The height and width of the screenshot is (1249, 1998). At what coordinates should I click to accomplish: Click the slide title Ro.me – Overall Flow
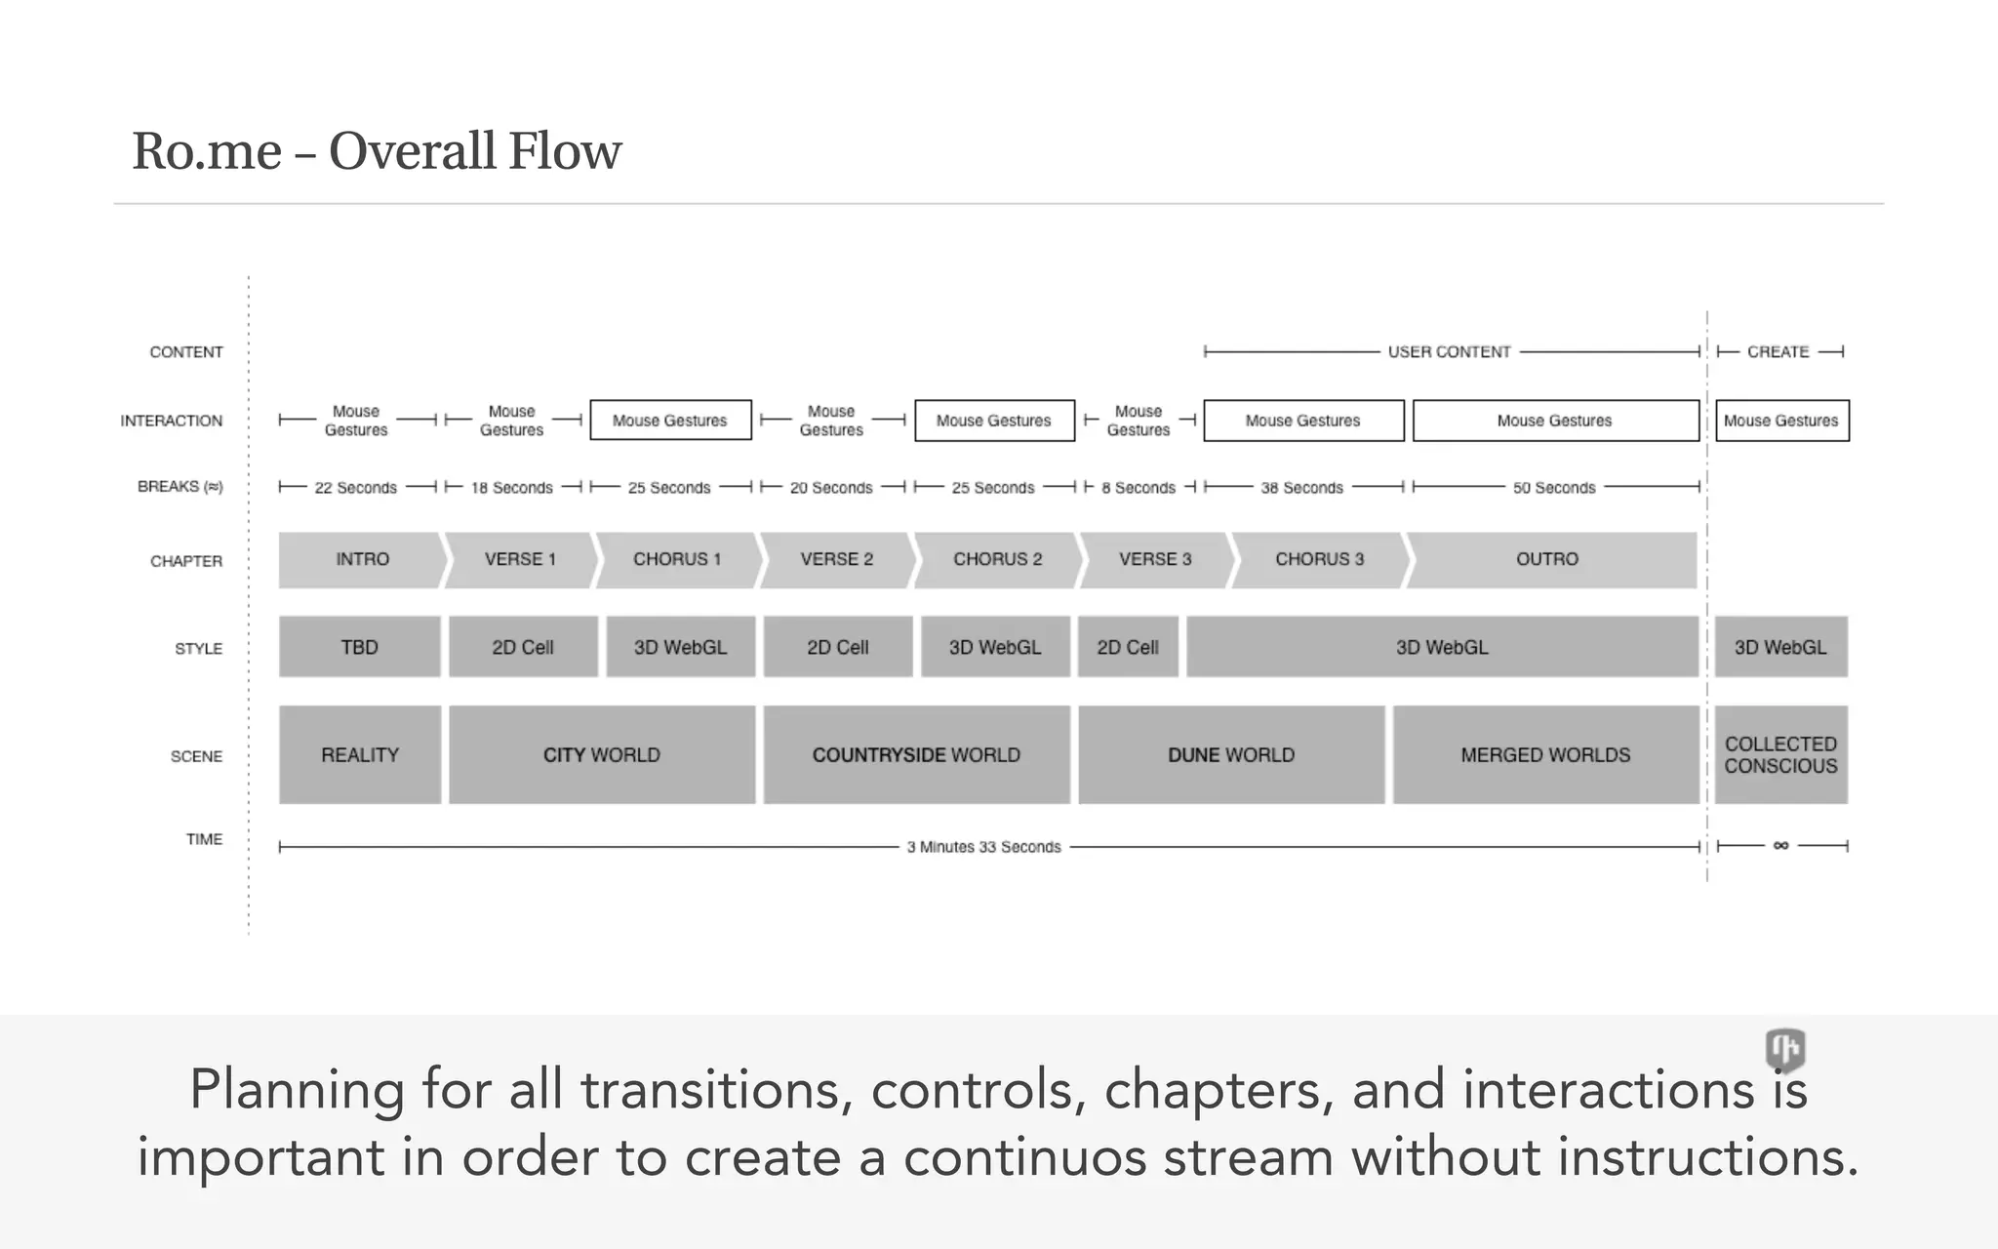[x=376, y=151]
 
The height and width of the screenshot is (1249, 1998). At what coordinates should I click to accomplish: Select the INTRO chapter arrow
[x=361, y=559]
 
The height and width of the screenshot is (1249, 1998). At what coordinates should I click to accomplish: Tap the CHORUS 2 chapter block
[x=997, y=559]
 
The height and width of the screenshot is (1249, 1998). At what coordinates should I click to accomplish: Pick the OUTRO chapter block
[x=1547, y=559]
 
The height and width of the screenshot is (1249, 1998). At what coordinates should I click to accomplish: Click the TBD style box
[x=359, y=647]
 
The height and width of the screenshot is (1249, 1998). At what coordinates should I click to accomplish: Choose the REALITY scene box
[x=359, y=754]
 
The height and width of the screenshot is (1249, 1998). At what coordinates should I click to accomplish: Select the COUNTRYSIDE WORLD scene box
[x=916, y=754]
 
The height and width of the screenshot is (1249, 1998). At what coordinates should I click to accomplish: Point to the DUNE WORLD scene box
[x=1231, y=754]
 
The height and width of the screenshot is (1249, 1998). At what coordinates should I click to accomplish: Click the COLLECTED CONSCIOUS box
[x=1780, y=754]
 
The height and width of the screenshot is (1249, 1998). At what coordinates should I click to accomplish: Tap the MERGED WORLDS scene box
[x=1545, y=754]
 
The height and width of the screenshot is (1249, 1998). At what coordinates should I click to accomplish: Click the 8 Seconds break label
[x=1139, y=488]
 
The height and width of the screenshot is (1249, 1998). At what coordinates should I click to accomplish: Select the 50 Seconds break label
[x=1554, y=488]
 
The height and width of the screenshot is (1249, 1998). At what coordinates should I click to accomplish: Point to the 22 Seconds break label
[x=355, y=488]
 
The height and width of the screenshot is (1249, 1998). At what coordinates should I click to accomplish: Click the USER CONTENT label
[x=1449, y=351]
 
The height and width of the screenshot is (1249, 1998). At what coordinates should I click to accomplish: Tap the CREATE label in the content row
[x=1778, y=351]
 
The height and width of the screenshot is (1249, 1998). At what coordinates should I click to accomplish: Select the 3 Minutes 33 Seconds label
[x=983, y=847]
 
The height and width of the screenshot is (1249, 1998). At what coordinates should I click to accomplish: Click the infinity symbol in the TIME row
[x=1780, y=846]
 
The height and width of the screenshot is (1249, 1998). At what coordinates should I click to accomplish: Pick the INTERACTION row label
[x=171, y=421]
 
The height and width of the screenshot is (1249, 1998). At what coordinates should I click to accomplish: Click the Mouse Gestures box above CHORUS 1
[x=670, y=421]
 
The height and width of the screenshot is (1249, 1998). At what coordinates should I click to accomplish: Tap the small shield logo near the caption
[x=1785, y=1050]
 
